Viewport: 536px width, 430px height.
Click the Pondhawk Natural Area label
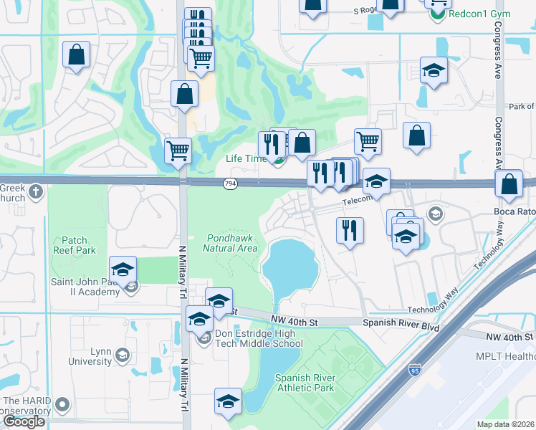pyautogui.click(x=229, y=243)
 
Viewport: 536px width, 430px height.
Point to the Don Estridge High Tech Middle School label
pyautogui.click(x=258, y=339)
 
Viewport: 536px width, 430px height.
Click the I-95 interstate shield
pyautogui.click(x=415, y=370)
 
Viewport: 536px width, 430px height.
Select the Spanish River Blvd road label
pyautogui.click(x=401, y=323)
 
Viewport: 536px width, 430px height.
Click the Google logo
pyautogui.click(x=24, y=421)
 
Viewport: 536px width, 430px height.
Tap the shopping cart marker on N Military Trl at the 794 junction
pyautogui.click(x=178, y=150)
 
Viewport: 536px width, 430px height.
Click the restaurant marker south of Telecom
pyautogui.click(x=350, y=230)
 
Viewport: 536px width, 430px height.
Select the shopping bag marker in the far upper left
pyautogui.click(x=76, y=54)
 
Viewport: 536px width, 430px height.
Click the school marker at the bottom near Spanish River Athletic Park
pyautogui.click(x=228, y=401)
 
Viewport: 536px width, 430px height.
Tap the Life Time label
pyautogui.click(x=244, y=158)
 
